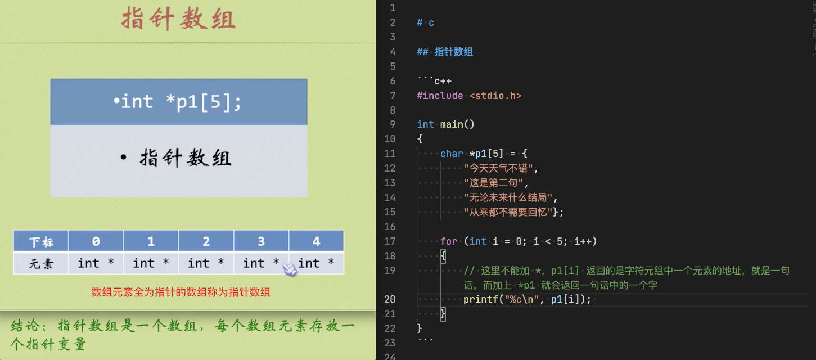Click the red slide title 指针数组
tap(178, 19)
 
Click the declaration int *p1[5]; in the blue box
tap(177, 102)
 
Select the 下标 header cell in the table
tap(41, 241)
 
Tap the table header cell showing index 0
tap(96, 241)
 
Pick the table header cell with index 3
tap(261, 241)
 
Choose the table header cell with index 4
tap(316, 241)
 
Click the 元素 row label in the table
tap(41, 263)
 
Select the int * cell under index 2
tap(206, 263)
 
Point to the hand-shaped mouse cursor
tap(290, 269)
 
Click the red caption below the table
tap(181, 292)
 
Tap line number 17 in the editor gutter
tap(390, 241)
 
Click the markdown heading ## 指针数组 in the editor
tap(445, 52)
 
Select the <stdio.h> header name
tap(495, 96)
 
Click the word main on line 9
tap(452, 124)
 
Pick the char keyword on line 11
tap(452, 154)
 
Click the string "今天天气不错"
tap(498, 168)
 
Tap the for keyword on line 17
tap(449, 241)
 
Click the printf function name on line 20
tap(481, 299)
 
